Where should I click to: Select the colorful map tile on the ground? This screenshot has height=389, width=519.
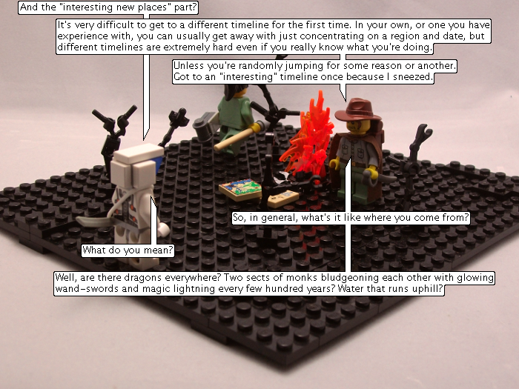click(241, 189)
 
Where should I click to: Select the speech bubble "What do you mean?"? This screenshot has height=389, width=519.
click(128, 250)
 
